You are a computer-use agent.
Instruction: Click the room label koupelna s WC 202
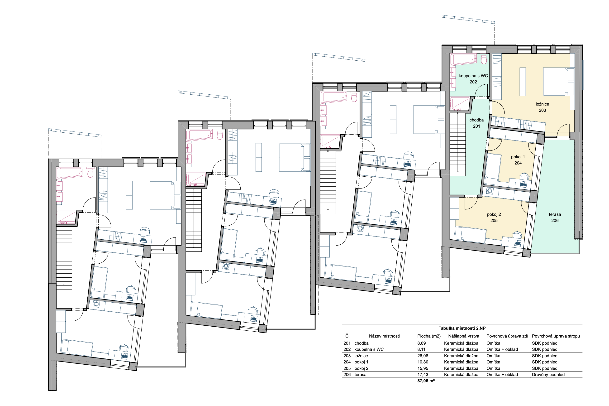point(473,79)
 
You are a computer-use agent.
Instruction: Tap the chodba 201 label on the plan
point(476,123)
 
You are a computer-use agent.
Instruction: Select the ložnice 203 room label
point(542,107)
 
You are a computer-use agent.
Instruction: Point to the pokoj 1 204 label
point(518,160)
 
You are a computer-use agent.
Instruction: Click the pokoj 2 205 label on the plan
point(494,217)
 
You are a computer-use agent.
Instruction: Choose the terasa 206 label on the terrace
point(555,217)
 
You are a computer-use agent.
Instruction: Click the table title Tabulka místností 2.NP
point(462,328)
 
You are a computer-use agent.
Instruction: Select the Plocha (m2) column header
point(429,336)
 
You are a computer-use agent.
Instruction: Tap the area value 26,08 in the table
point(423,356)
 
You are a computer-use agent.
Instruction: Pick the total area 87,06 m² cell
point(426,381)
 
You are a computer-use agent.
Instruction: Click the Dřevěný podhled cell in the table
point(548,374)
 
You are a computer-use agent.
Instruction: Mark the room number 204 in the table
point(347,362)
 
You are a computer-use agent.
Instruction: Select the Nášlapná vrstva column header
point(464,336)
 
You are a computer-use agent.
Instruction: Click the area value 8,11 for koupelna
point(421,349)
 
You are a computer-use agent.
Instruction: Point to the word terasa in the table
point(360,374)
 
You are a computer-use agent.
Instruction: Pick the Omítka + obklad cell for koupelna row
point(502,349)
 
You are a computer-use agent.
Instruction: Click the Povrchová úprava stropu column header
point(556,336)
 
